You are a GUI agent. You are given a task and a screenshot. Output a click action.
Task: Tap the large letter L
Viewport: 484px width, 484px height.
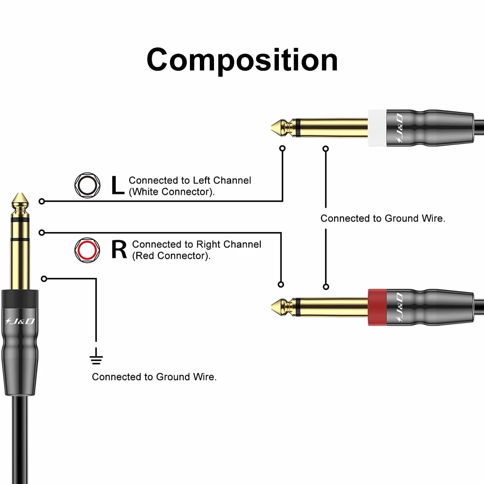pyautogui.click(x=118, y=185)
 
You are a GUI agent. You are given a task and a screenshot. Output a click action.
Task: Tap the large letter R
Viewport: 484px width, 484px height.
pyautogui.click(x=119, y=250)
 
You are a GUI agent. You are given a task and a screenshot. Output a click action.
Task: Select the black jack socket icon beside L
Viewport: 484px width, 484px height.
pyautogui.click(x=87, y=185)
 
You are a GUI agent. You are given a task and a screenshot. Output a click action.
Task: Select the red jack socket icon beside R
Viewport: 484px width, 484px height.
pyautogui.click(x=87, y=250)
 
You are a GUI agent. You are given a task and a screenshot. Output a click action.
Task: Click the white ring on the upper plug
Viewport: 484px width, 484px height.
pyautogui.click(x=377, y=128)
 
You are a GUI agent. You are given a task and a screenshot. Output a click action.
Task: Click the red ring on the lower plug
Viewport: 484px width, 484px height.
pyautogui.click(x=377, y=308)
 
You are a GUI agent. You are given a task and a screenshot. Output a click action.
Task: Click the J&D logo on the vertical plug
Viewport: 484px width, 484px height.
pyautogui.click(x=20, y=321)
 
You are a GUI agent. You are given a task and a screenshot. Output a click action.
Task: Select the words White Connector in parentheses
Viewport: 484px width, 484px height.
pyautogui.click(x=172, y=192)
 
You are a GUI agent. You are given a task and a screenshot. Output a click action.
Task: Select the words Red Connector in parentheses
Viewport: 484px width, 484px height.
pyautogui.click(x=171, y=256)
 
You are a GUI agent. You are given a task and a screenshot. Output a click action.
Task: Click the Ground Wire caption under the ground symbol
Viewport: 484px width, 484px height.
pyautogui.click(x=154, y=377)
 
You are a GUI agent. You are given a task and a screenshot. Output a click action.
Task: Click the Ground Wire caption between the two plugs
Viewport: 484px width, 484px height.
pyautogui.click(x=383, y=218)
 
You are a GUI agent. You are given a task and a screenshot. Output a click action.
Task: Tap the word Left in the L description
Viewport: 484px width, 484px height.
pyautogui.click(x=201, y=180)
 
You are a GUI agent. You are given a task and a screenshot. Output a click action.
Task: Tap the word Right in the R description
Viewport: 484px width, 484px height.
pyautogui.click(x=205, y=244)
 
